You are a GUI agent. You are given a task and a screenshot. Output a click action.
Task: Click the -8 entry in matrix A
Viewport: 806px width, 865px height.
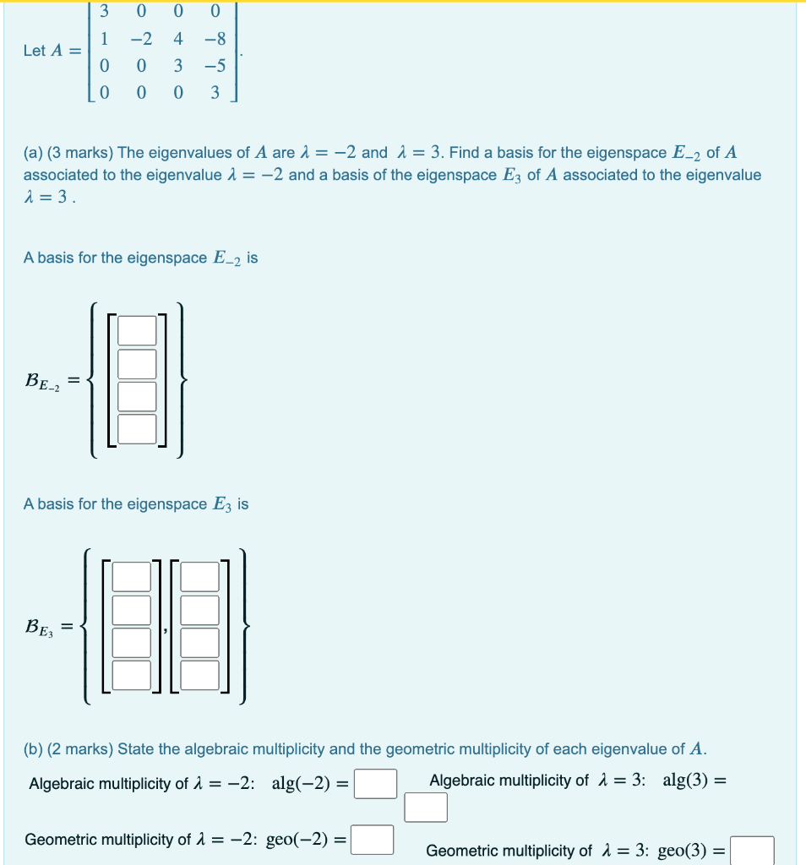tap(213, 39)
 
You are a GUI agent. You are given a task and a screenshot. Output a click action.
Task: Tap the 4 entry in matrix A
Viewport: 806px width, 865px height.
tap(178, 39)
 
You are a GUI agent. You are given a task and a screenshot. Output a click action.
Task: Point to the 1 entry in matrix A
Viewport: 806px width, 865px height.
tap(104, 39)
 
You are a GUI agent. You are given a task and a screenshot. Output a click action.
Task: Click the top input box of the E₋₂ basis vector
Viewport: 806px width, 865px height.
tap(137, 330)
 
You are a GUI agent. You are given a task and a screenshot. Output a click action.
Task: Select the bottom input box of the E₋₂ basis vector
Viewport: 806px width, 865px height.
tap(137, 428)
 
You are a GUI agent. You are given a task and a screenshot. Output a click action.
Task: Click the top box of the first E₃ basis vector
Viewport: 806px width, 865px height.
tap(131, 576)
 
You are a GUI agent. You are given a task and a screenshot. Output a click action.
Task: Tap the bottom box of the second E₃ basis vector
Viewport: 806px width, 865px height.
tap(199, 674)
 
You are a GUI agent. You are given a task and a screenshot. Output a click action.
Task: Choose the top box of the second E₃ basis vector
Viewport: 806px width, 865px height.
tap(199, 576)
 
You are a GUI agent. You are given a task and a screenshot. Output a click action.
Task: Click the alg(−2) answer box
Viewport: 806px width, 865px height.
tap(375, 783)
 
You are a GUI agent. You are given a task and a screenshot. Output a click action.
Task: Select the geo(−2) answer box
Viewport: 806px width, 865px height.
tap(373, 841)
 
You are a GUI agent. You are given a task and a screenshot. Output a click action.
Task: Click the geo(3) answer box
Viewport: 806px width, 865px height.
tap(752, 851)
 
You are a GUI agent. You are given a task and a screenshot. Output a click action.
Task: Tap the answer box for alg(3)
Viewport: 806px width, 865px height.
tap(425, 807)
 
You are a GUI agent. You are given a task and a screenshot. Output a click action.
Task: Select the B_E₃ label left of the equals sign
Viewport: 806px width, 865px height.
tap(41, 628)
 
